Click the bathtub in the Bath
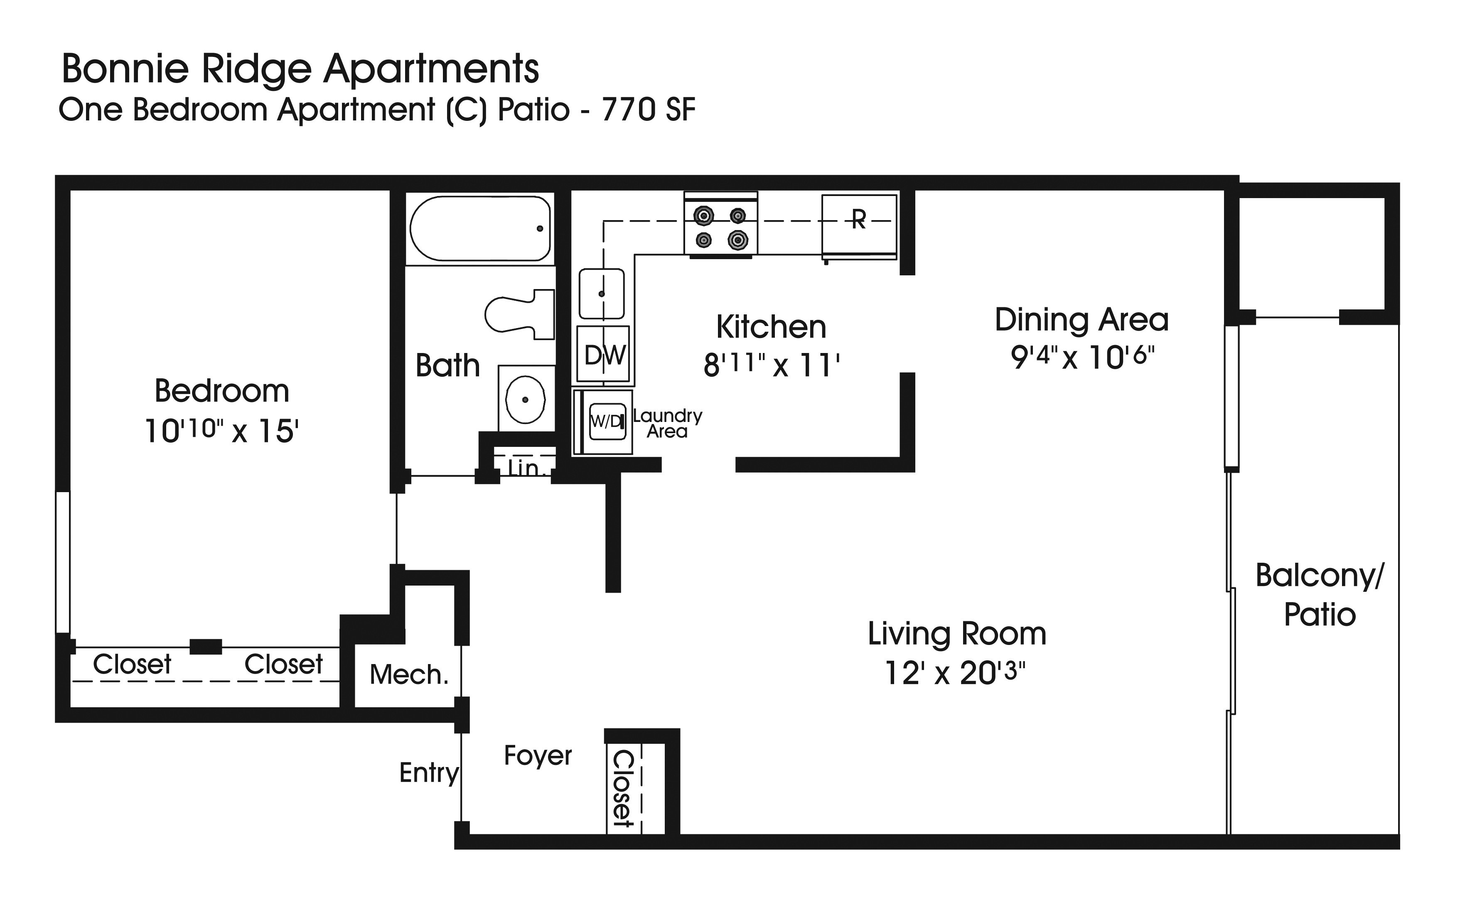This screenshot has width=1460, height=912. point(480,228)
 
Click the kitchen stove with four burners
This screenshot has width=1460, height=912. point(721,226)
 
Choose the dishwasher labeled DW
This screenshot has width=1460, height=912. point(603,354)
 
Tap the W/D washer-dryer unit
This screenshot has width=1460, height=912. point(606,421)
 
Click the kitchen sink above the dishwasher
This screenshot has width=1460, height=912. point(602,294)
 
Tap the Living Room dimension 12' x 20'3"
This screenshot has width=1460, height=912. point(956,672)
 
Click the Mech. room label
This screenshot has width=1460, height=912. point(409,674)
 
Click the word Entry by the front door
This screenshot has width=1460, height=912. point(429,772)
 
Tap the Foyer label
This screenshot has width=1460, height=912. point(538,756)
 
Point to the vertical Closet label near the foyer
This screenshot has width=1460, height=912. point(622,788)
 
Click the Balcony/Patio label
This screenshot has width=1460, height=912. point(1320,595)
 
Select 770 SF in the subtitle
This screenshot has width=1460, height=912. point(649,110)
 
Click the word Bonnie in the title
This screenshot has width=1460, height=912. point(125,69)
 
